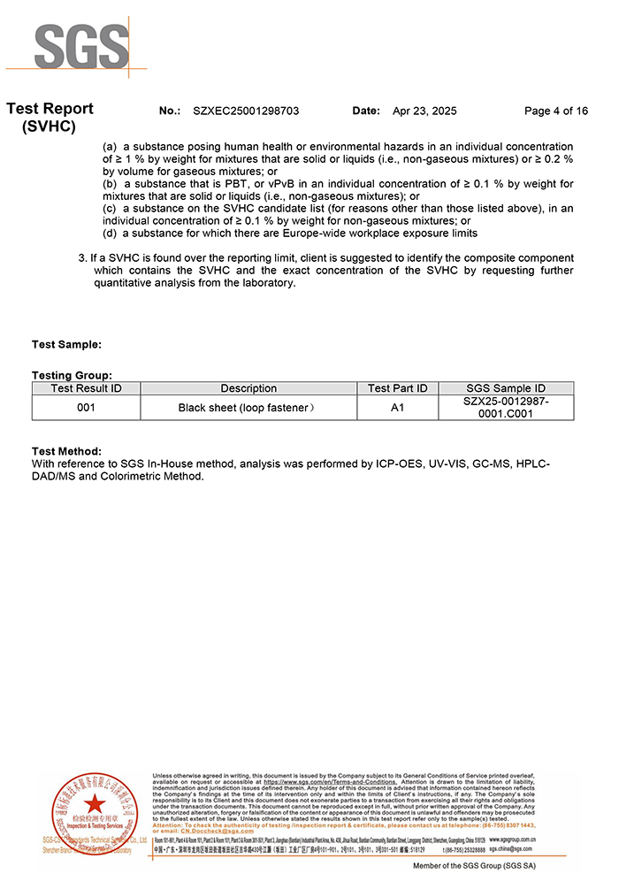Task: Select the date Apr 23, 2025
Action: click(x=424, y=111)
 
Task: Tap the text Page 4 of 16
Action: click(x=555, y=111)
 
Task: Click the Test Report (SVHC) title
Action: click(x=50, y=117)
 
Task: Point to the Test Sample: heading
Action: click(x=66, y=344)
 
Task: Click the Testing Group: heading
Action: click(x=72, y=376)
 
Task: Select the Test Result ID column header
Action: click(x=86, y=388)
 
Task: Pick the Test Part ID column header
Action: click(x=397, y=388)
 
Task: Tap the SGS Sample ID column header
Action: click(x=505, y=388)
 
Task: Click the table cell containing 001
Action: click(x=86, y=408)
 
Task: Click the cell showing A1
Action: click(x=397, y=408)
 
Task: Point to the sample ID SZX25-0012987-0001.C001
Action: click(x=505, y=408)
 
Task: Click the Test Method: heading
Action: click(x=66, y=452)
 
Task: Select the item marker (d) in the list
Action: click(x=110, y=234)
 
